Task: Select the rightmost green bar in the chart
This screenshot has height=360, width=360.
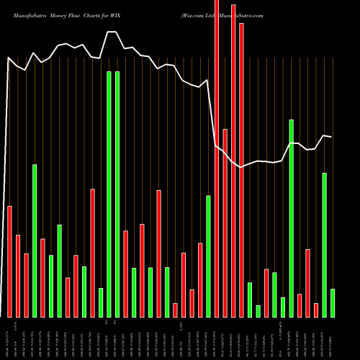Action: (333, 302)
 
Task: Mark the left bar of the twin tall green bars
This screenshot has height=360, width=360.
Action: (109, 194)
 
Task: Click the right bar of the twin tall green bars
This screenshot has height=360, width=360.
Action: (117, 194)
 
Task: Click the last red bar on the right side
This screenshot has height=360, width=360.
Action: (315, 310)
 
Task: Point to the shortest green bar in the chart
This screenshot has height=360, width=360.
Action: (258, 311)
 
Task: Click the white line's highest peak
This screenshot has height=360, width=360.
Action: (112, 32)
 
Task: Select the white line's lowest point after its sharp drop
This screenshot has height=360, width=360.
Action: (241, 167)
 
